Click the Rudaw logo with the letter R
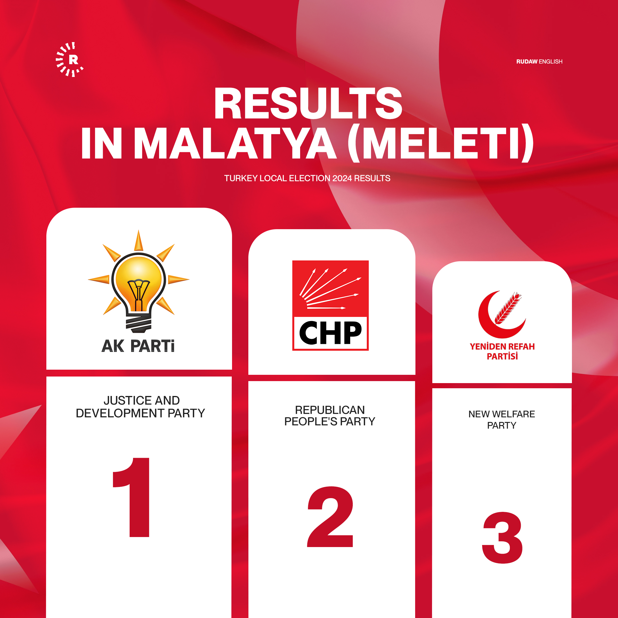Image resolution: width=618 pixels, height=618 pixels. click(x=70, y=60)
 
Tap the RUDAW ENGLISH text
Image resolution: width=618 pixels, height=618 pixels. click(x=539, y=62)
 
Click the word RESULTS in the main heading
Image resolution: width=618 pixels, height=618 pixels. click(x=308, y=103)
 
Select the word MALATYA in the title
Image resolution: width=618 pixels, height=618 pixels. click(x=235, y=143)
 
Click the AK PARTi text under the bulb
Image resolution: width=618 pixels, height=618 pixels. click(x=138, y=346)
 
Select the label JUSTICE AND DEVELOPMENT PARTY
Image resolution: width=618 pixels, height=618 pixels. click(x=141, y=407)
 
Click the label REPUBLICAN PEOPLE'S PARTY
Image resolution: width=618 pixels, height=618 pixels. click(x=330, y=415)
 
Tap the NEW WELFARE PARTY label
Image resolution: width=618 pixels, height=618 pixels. click(x=502, y=420)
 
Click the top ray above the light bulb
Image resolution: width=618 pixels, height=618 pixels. click(x=138, y=241)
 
